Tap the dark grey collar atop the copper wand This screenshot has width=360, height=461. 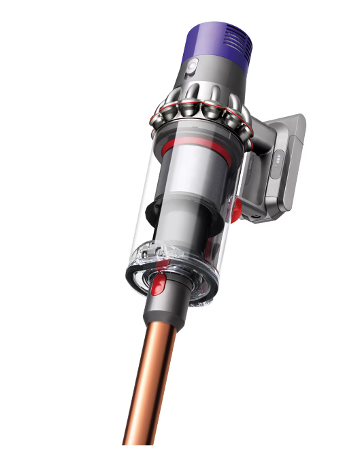[164, 313]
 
